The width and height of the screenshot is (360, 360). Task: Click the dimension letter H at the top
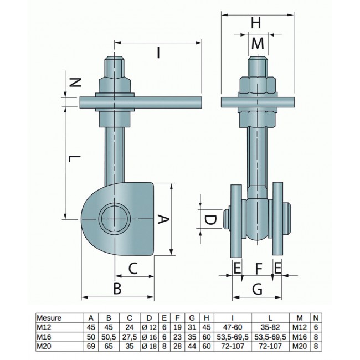(256, 23)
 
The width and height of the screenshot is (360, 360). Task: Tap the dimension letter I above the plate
(158, 53)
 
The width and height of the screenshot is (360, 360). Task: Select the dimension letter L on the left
(75, 158)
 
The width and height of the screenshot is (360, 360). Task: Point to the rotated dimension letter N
(75, 83)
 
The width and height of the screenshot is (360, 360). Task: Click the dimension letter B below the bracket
(117, 289)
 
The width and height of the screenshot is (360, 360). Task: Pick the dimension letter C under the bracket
(133, 269)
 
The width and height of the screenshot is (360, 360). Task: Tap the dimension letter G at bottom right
(257, 289)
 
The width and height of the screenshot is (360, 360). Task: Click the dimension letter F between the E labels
(259, 269)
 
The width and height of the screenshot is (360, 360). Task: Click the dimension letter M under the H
(258, 44)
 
